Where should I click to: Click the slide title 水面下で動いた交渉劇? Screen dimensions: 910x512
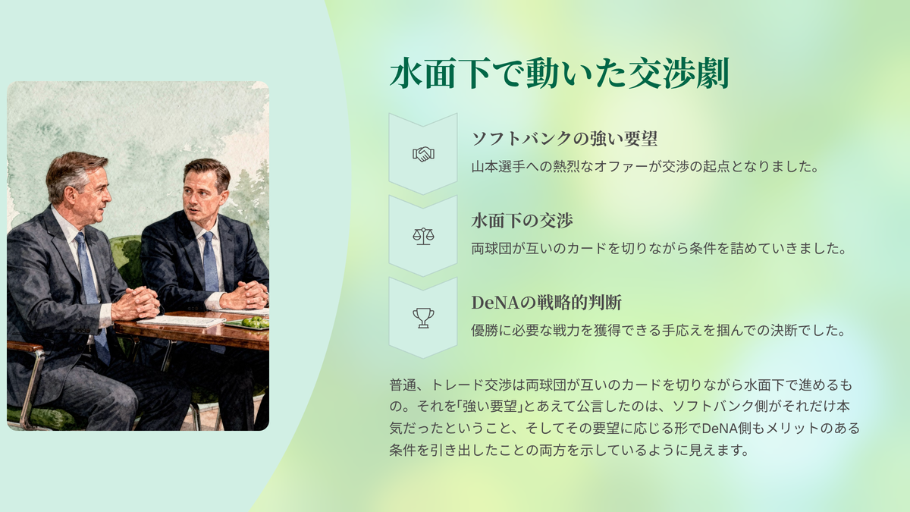(x=560, y=74)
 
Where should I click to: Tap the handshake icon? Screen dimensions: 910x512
(x=423, y=154)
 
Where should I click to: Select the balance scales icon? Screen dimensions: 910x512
(x=423, y=236)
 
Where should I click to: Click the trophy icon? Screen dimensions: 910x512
(x=423, y=318)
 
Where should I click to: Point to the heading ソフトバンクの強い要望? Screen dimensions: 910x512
(x=564, y=139)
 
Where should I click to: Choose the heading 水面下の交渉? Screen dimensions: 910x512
(x=522, y=221)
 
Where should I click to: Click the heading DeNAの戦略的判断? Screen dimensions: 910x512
(x=547, y=303)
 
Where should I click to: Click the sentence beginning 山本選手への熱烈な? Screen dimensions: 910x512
(x=645, y=167)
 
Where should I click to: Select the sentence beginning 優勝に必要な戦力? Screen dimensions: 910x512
(x=659, y=331)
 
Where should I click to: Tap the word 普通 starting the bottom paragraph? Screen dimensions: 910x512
(x=403, y=385)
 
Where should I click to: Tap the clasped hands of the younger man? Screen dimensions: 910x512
(x=246, y=295)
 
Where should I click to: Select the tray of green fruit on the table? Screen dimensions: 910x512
(x=248, y=323)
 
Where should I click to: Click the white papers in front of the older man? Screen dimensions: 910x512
(x=180, y=321)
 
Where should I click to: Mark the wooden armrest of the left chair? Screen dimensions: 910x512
(x=24, y=347)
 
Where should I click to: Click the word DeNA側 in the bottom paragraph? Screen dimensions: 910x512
(x=726, y=429)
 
